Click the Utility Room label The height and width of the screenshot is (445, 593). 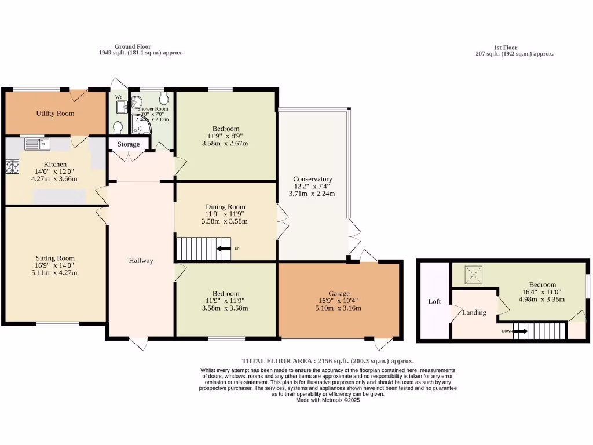point(55,114)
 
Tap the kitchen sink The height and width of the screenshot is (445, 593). point(38,143)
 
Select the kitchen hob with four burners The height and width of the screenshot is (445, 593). point(12,166)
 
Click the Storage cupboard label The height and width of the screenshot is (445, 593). point(129,144)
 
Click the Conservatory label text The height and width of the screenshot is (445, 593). point(312,179)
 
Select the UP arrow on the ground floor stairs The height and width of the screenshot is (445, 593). point(224,249)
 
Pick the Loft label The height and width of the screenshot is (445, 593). point(434,302)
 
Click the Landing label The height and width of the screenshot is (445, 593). point(474,313)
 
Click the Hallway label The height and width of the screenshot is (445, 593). point(141,261)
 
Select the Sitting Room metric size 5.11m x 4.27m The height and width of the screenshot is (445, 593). point(55,273)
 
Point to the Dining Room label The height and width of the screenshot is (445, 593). point(225,207)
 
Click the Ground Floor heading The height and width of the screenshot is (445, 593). point(133,46)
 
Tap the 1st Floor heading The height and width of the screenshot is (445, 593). point(505,48)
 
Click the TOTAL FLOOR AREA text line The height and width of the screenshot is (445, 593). point(328,360)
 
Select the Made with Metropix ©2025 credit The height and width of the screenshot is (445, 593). point(328,400)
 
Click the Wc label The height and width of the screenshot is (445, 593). point(119,97)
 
